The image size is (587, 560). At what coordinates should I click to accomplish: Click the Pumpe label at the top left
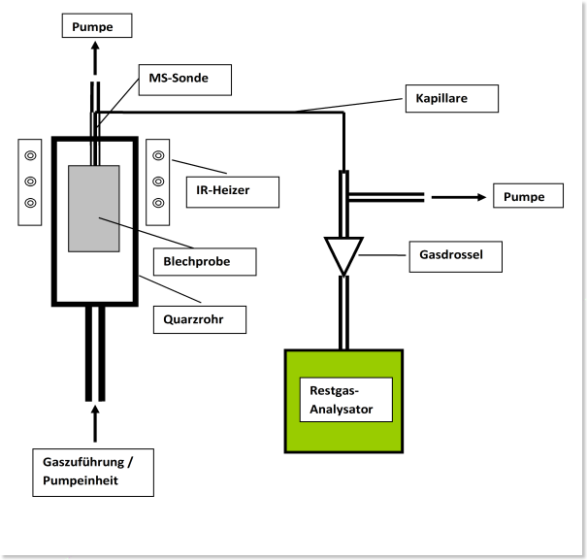pos(95,26)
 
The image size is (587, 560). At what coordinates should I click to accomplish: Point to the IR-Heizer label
pos(230,191)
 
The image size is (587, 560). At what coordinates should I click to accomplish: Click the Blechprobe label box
pos(204,261)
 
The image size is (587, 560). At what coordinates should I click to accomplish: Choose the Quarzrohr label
pos(200,318)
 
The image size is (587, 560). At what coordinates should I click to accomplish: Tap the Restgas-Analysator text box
pos(346,400)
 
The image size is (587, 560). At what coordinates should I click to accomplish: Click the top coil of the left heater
pos(31,155)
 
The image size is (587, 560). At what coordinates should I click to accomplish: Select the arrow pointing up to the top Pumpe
pos(94,59)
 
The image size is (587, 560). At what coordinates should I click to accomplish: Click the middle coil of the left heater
pos(31,180)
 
